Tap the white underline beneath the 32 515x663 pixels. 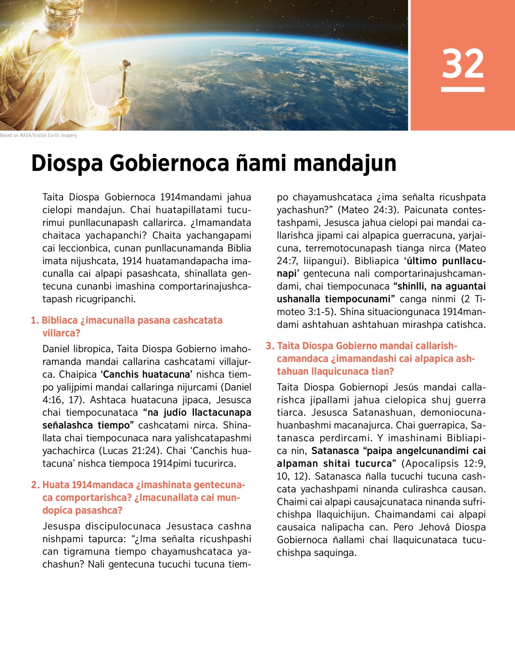click(x=463, y=89)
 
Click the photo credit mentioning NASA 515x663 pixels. click(x=39, y=135)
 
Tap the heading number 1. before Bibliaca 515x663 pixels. click(x=35, y=321)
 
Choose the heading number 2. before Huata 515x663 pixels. click(x=35, y=485)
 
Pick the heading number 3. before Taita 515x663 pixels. click(x=270, y=346)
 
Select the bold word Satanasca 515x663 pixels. click(x=335, y=451)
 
